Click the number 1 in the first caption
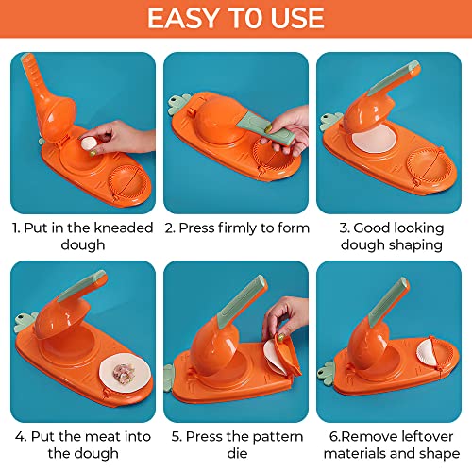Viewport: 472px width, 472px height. tap(16, 228)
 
